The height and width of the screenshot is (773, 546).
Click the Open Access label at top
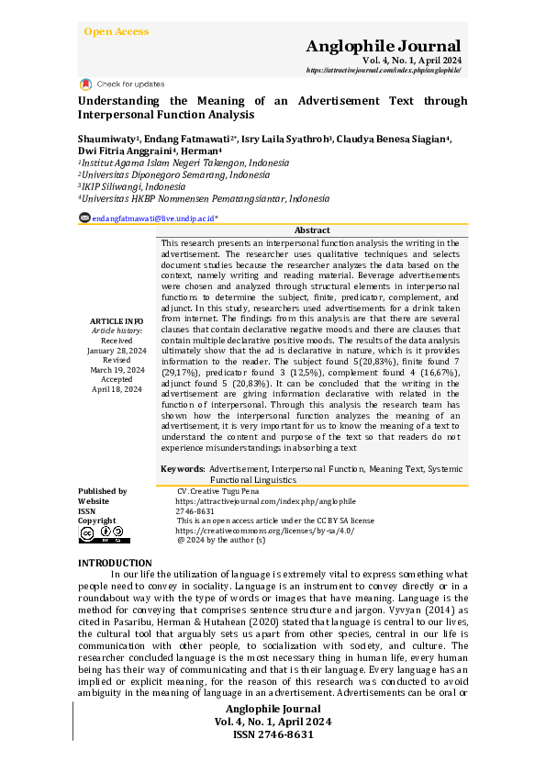coord(116,31)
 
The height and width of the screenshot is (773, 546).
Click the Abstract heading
coord(312,230)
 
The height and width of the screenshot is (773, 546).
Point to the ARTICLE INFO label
coord(117,320)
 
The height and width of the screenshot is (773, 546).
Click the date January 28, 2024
coord(117,350)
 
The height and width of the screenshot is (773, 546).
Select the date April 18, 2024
coord(117,389)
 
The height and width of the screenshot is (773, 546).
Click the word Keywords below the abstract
coord(182,469)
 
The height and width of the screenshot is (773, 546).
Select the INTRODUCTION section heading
coord(115,562)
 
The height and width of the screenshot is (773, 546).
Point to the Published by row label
coord(102,491)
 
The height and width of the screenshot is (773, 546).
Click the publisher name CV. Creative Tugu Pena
coord(218,491)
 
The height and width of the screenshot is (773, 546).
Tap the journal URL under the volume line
coord(383,71)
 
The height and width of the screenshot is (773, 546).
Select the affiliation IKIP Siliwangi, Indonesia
coord(132,185)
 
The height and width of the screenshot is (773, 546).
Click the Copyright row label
coord(96,520)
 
